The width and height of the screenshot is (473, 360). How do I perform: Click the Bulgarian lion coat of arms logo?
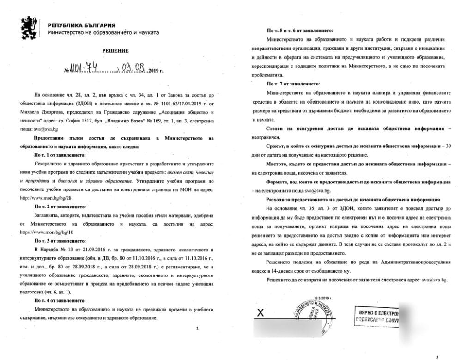[29, 28]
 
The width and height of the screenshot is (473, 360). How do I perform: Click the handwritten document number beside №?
[92, 70]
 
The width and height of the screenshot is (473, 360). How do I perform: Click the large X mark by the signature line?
[260, 313]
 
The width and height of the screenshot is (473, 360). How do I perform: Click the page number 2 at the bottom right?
[437, 356]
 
